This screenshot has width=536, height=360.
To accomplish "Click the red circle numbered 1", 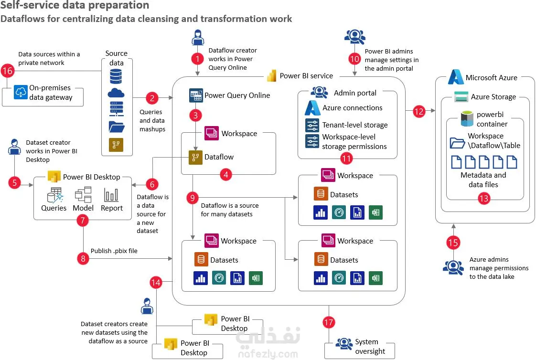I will click(x=197, y=59).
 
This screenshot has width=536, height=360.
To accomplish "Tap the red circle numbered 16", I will click(x=8, y=71).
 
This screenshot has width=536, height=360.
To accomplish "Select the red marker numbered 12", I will click(x=419, y=112).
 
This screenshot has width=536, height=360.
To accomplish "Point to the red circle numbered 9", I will click(x=193, y=197).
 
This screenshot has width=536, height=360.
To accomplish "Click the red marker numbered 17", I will click(x=328, y=322).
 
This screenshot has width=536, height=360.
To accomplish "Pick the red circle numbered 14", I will click(x=156, y=282).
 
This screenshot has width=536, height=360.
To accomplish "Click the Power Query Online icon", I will click(x=196, y=95).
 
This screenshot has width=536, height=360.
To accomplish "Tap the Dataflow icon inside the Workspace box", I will click(x=196, y=156).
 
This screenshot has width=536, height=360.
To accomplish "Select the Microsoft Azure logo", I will click(x=456, y=77).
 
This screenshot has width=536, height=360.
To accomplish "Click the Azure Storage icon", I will click(x=461, y=97).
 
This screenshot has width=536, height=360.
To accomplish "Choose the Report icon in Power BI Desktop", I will click(x=111, y=195).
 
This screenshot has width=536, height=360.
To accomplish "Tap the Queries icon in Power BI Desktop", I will click(x=54, y=195).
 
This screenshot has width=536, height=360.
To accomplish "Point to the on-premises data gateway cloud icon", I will click(x=21, y=92).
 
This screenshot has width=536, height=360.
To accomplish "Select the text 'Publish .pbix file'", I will click(x=114, y=251).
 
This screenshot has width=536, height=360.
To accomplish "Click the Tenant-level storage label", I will click(x=355, y=125).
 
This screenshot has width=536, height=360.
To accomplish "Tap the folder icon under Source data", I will click(x=116, y=127).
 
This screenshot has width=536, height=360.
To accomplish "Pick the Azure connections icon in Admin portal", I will click(x=312, y=108).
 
